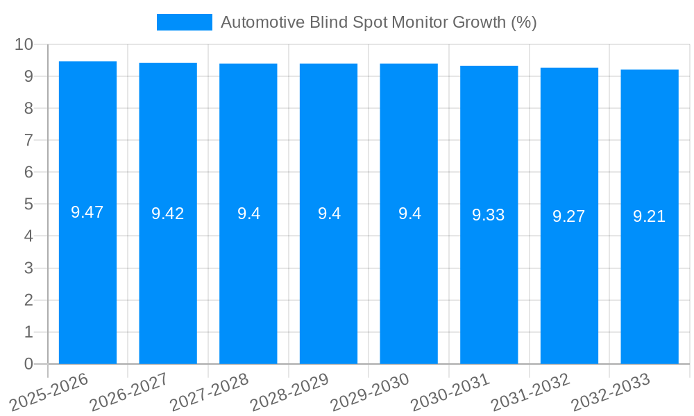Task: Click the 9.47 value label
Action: (x=87, y=213)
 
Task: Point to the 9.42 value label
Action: (x=168, y=214)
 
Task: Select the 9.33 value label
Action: (x=489, y=215)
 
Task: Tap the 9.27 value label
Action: (x=569, y=216)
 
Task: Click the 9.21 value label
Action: (x=650, y=217)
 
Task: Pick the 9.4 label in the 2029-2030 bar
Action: (x=409, y=214)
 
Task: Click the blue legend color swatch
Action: (x=185, y=22)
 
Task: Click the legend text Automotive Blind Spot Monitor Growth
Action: (x=378, y=22)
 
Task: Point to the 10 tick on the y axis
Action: (x=24, y=44)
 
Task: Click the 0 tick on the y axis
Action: (x=28, y=364)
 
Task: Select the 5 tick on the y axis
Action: (x=28, y=205)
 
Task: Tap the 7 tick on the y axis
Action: (x=28, y=140)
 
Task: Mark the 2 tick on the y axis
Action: (x=28, y=300)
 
